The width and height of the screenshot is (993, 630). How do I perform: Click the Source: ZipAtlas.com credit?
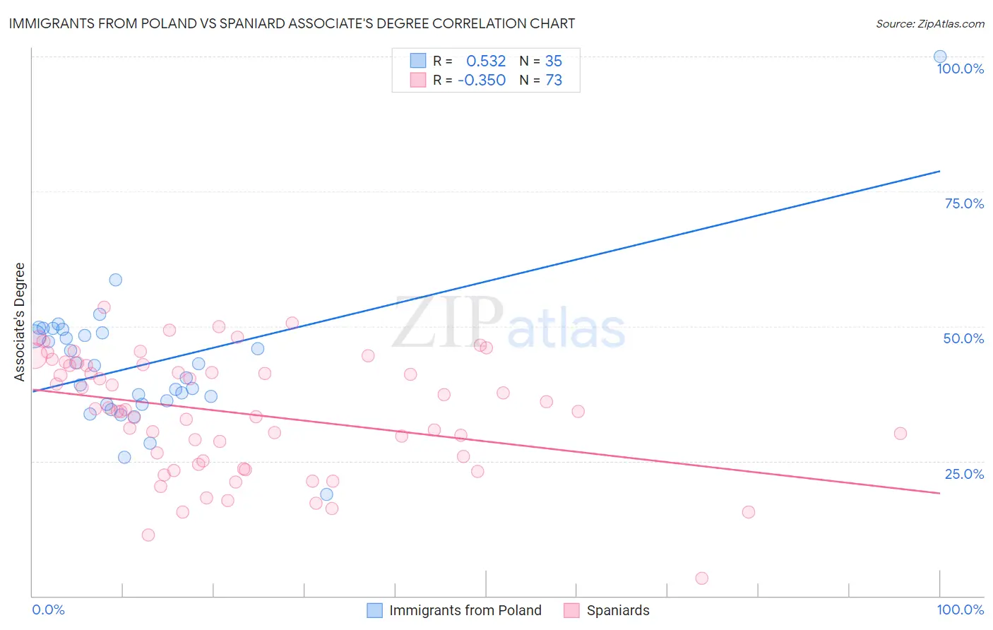tap(929, 23)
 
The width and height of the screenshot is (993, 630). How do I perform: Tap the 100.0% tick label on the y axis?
tap(960, 69)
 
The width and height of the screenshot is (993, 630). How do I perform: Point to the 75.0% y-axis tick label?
tap(964, 203)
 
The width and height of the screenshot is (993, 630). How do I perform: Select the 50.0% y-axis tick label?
tap(963, 338)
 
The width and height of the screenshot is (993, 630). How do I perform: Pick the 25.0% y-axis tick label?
tap(964, 474)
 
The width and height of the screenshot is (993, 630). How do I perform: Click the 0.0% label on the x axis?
tap(48, 610)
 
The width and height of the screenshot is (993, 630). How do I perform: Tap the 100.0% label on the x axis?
tap(960, 610)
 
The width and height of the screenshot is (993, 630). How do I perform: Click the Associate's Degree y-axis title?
tap(20, 322)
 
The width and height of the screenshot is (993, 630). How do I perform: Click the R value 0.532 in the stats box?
tap(486, 61)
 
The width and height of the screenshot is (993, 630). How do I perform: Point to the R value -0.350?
tap(482, 81)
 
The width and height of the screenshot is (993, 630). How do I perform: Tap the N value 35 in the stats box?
tap(554, 61)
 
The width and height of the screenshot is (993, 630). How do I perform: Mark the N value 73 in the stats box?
tap(554, 81)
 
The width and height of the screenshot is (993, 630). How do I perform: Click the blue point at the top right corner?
tap(940, 57)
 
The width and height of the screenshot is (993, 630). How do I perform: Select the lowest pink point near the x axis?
tap(701, 578)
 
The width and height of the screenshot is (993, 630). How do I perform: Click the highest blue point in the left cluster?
tap(116, 280)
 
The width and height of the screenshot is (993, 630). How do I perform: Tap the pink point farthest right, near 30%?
tap(900, 434)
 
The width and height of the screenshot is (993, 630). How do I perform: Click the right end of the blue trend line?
tap(939, 171)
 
